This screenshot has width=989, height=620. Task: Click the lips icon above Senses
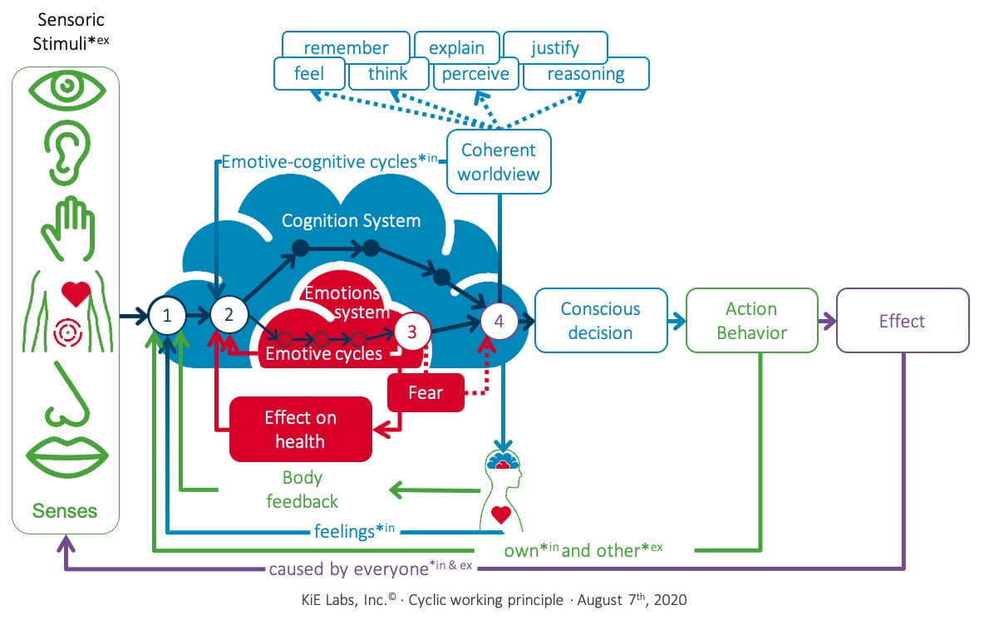(x=67, y=455)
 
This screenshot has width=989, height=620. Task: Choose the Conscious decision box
(x=601, y=320)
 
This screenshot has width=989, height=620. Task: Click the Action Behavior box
(x=751, y=320)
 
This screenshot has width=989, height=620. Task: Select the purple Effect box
(x=902, y=320)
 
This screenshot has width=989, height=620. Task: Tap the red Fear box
(x=426, y=391)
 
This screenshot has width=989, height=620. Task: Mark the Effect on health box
(x=300, y=429)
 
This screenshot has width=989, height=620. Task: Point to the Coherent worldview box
(x=499, y=162)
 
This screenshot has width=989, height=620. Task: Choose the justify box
(x=555, y=47)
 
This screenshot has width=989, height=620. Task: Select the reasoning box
(x=586, y=74)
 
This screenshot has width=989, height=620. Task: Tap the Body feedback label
(x=302, y=490)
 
